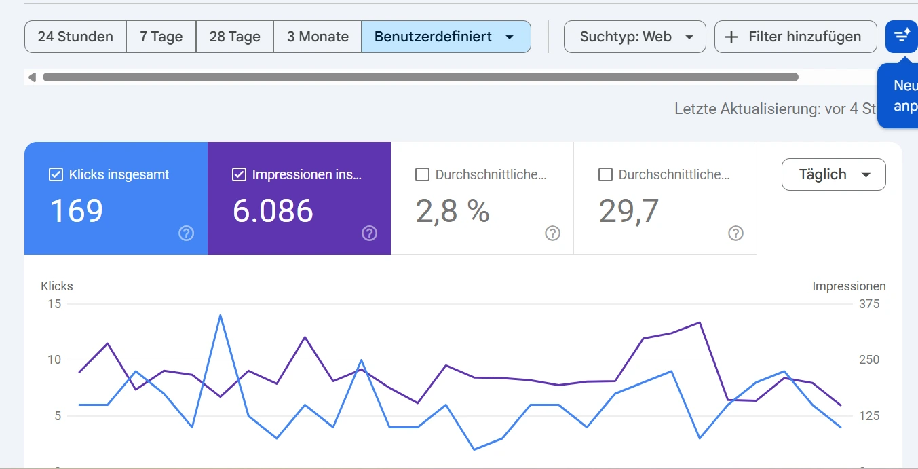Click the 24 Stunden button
75,37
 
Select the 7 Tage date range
161,37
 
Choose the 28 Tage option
235,37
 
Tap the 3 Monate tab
318,37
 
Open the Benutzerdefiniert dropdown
445,37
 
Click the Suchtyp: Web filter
635,37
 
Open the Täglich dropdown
833,174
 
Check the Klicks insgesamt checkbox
56,174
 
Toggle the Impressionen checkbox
239,174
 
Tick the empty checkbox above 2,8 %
422,174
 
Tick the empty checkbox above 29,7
605,174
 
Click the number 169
77,210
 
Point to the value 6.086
273,210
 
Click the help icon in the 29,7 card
735,233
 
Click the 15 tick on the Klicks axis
54,304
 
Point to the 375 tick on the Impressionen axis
869,304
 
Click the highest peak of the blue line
221,315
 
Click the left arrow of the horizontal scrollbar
32,77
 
